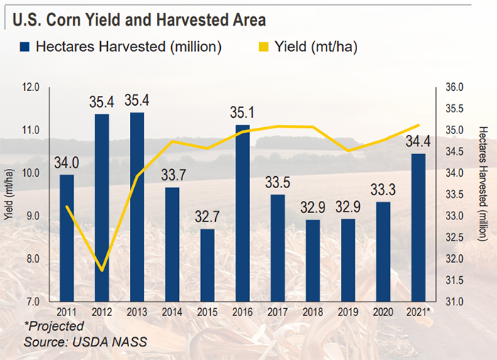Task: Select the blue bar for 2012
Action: pyautogui.click(x=102, y=206)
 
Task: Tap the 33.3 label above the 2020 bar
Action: pyautogui.click(x=383, y=190)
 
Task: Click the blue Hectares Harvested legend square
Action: pyautogui.click(x=25, y=48)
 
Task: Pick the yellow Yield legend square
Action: pyautogui.click(x=273, y=48)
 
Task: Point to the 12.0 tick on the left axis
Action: pyautogui.click(x=31, y=88)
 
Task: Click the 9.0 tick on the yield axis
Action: pyautogui.click(x=33, y=216)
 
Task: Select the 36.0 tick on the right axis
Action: pyautogui.click(x=454, y=88)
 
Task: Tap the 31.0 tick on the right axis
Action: pyautogui.click(x=454, y=301)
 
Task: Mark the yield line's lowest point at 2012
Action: pyautogui.click(x=102, y=270)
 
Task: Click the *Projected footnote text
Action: pyautogui.click(x=53, y=326)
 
